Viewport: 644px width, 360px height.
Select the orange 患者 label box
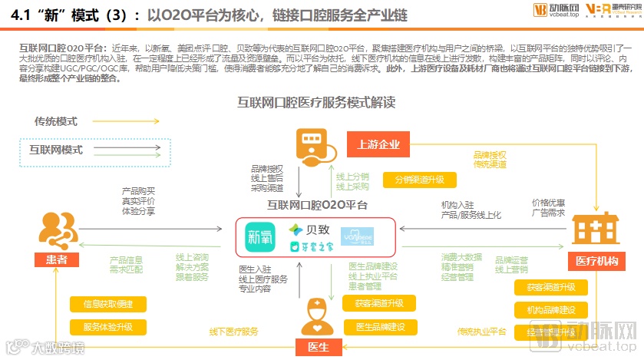[57, 259]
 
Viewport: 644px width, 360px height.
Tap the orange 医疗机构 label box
[597, 260]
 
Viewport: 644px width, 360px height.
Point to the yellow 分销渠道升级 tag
[420, 180]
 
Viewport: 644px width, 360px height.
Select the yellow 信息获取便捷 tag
[107, 303]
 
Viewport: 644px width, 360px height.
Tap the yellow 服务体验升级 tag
[107, 326]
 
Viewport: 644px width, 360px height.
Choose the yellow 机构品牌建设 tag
[551, 309]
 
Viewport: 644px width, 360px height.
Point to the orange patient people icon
[58, 228]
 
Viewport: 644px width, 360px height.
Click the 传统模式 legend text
[56, 121]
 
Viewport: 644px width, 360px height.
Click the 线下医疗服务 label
[233, 332]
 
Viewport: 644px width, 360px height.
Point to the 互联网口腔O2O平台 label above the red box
[317, 205]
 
